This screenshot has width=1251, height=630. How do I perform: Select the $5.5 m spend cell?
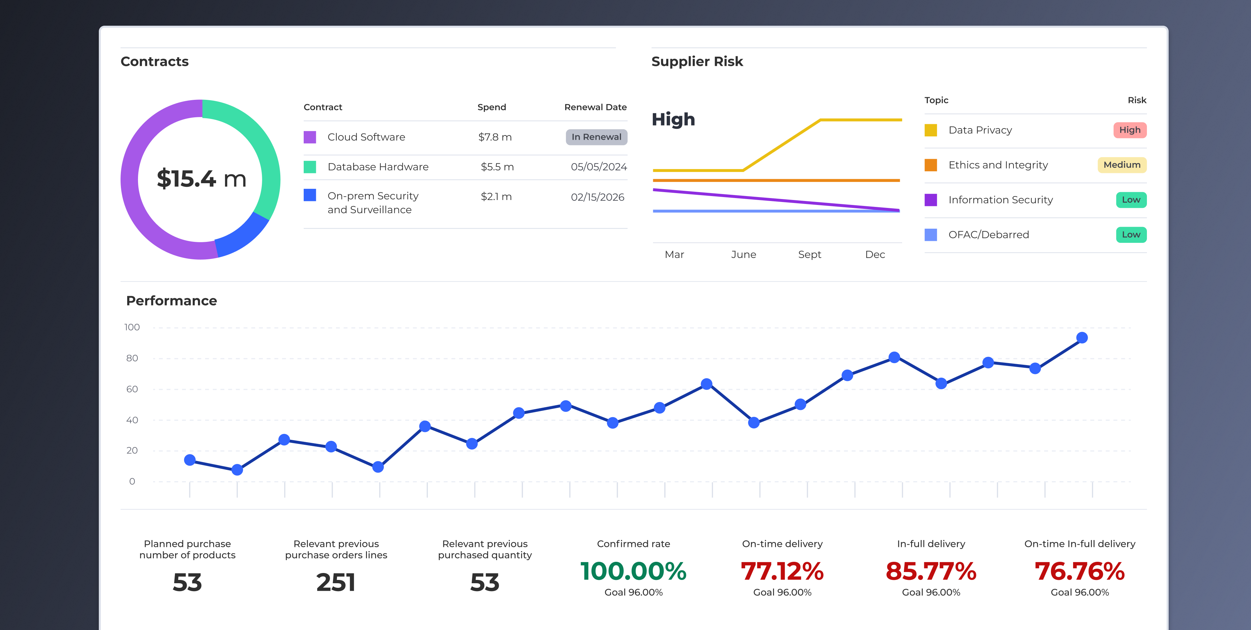[x=497, y=167]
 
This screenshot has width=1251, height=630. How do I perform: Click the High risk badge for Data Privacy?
[x=1129, y=130]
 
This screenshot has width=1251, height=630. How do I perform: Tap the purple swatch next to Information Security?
[x=931, y=200]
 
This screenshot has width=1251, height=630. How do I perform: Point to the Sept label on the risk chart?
[x=809, y=254]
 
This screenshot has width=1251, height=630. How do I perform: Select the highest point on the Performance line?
[x=1081, y=338]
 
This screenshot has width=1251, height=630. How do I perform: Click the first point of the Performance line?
[x=190, y=460]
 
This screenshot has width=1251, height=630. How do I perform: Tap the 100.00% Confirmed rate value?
[x=633, y=571]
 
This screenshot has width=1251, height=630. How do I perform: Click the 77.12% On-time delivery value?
[x=782, y=571]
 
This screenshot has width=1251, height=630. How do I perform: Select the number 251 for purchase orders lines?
[x=336, y=583]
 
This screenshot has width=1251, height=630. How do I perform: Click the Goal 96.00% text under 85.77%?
[x=931, y=592]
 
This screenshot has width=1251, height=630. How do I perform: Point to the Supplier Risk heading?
[x=697, y=62]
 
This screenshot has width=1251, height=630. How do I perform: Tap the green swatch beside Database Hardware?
[x=310, y=167]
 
